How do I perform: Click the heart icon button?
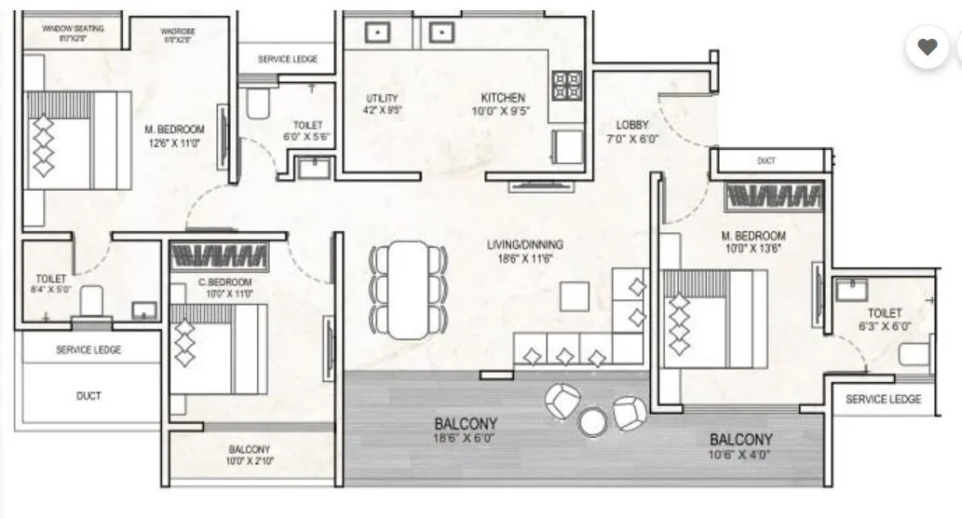[x=927, y=47]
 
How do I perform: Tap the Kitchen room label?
[x=503, y=98]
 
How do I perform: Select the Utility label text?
[x=382, y=98]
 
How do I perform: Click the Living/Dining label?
[x=525, y=245]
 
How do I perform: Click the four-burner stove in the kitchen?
[x=567, y=86]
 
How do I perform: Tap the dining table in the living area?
[x=407, y=290]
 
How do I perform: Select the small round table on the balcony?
[x=593, y=422]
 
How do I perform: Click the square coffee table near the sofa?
[x=574, y=297]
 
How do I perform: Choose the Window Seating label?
[x=74, y=29]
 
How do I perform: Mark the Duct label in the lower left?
[x=88, y=396]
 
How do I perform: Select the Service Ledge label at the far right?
[x=883, y=399]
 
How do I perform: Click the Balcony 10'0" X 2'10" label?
[x=249, y=449]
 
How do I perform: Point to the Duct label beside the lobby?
[x=766, y=161]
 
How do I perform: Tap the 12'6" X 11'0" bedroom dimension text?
[x=173, y=143]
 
